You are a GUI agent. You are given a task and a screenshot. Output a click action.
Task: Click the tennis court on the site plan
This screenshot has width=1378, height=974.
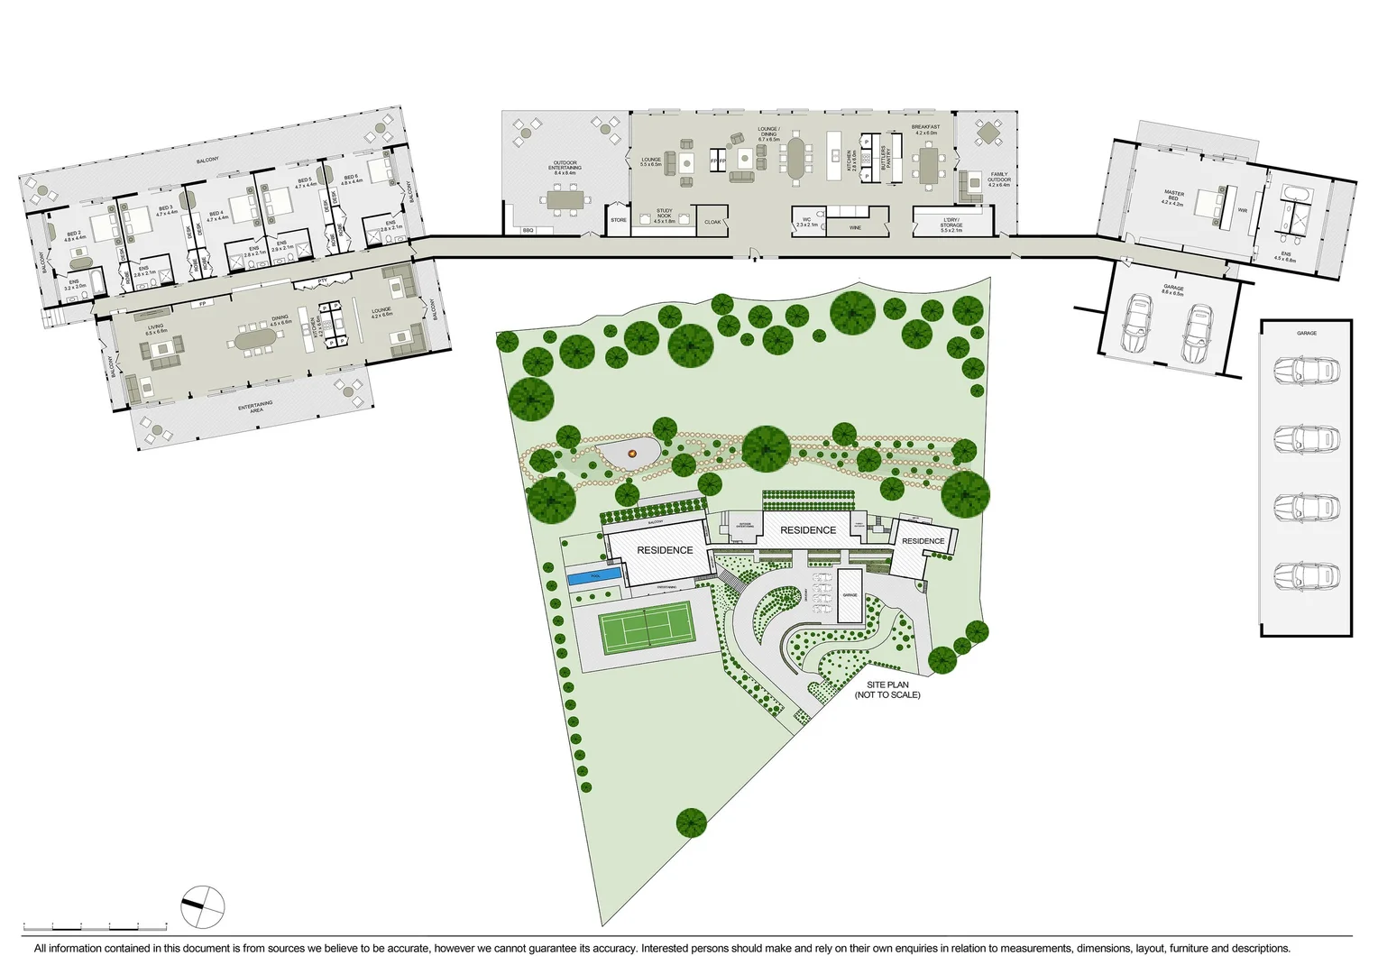[647, 628]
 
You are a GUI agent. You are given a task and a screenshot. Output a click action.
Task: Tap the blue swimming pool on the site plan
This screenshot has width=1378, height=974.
[594, 576]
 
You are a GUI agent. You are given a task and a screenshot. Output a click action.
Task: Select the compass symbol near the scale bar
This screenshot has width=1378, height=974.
[202, 906]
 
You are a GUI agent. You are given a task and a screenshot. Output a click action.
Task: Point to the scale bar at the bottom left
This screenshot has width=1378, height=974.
[95, 926]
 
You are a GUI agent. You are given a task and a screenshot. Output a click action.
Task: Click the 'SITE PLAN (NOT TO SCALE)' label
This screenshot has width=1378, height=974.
[887, 690]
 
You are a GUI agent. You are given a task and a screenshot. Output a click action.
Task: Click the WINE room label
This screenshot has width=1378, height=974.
[855, 228]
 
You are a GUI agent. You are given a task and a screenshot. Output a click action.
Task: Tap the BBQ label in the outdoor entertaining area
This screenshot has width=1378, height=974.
[528, 231]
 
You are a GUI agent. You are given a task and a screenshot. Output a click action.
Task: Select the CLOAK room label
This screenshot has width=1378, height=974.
[712, 222]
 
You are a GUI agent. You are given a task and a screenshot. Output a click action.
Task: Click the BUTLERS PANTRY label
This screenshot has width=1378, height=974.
[887, 159]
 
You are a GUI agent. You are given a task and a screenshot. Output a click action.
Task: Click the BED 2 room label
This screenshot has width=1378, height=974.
[75, 235]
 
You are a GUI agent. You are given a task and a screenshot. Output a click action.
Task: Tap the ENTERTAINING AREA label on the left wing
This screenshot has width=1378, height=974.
[256, 408]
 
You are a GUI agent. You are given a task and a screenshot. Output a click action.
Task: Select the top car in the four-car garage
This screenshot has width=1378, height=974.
[1306, 370]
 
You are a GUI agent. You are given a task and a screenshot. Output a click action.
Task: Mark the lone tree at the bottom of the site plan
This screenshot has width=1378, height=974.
[691, 822]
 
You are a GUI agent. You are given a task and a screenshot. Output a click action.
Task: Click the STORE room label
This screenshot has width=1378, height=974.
[619, 220]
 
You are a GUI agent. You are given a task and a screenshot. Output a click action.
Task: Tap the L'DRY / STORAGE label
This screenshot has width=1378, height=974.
[951, 225]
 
